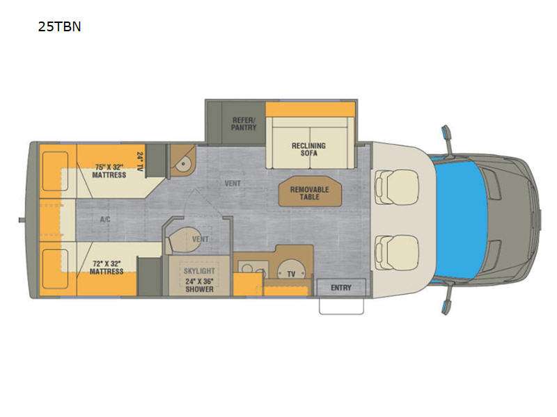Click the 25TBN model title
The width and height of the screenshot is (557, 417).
coord(59,26)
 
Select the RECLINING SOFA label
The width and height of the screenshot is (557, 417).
coord(308,149)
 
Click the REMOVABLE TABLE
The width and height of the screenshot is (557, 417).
coord(310,192)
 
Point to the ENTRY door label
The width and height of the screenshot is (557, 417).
coord(341,288)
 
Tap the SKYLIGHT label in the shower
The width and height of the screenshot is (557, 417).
coord(199,271)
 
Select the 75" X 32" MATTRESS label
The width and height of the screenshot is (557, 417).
coord(109,171)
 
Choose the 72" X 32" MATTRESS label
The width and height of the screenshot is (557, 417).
coord(107,268)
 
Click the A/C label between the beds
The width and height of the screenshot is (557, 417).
coord(105,220)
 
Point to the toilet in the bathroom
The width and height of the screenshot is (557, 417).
coord(182,240)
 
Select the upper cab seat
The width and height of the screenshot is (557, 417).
coord(397,187)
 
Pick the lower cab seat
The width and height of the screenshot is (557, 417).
coord(397,252)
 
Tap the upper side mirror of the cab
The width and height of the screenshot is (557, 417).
coord(446,136)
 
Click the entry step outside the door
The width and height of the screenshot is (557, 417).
coord(341,306)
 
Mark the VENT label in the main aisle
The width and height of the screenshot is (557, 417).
coord(233,183)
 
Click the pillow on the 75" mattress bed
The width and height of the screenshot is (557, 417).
coord(55,171)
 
